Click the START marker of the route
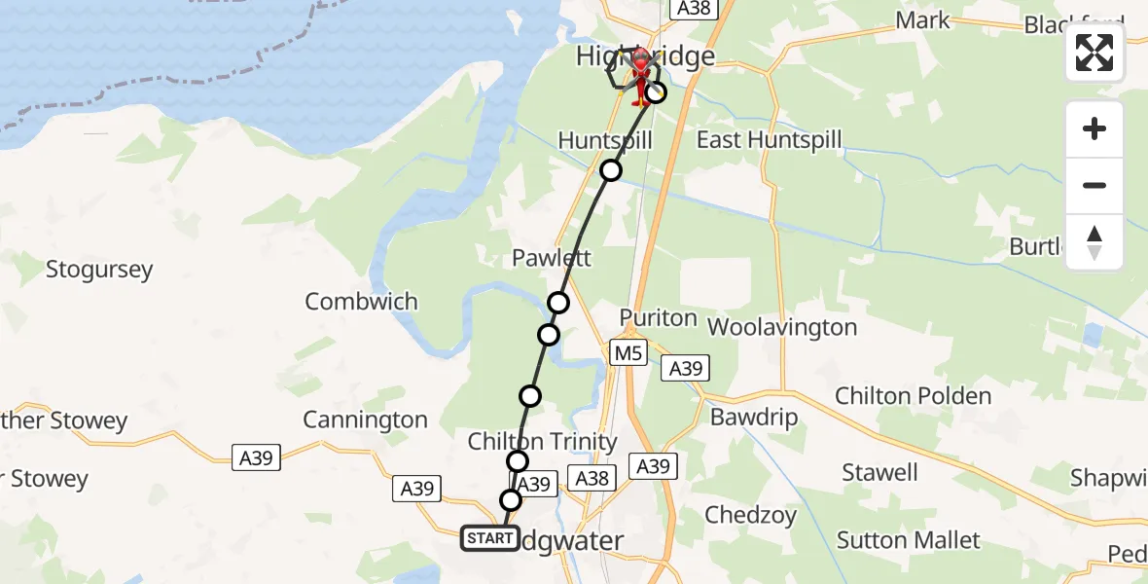point(489,538)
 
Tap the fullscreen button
point(1094,53)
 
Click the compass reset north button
point(1094,242)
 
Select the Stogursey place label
point(99,270)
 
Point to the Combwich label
point(361,302)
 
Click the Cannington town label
point(365,420)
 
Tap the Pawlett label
point(553,260)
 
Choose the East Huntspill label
point(769,140)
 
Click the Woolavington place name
point(782,327)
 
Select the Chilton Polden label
point(913,396)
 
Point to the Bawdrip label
point(754,419)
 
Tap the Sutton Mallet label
point(909,540)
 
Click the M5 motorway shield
point(628,353)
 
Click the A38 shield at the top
point(695,9)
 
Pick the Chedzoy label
point(750,515)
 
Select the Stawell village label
point(879,473)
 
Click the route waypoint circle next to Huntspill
point(610,171)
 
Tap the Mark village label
point(922,20)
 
